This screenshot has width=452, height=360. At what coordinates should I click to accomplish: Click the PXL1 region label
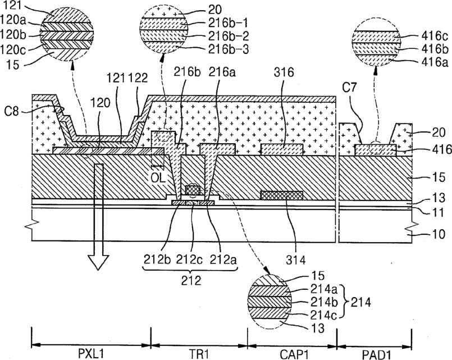pos(91,354)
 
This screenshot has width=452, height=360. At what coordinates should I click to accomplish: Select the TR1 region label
pos(199,354)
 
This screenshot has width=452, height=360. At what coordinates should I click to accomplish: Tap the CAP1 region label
pos(293,354)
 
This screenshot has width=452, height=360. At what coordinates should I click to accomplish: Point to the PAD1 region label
pos(377,354)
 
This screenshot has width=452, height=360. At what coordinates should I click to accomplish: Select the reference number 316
pos(284,72)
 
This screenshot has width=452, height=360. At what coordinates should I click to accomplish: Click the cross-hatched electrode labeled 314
pos(282,195)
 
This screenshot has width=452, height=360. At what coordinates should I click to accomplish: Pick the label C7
pos(349,88)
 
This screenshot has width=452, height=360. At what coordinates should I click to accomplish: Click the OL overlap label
pos(158,177)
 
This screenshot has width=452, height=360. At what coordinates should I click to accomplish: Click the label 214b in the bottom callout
pos(324,302)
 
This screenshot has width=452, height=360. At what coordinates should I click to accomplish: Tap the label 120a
pos(13,20)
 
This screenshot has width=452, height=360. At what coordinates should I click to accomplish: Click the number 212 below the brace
pos(191,280)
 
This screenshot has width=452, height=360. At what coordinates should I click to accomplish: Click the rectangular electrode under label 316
pos(282,150)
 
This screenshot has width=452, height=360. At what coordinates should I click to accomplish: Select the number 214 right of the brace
pos(361,302)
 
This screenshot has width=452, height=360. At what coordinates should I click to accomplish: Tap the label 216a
pos(222,72)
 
